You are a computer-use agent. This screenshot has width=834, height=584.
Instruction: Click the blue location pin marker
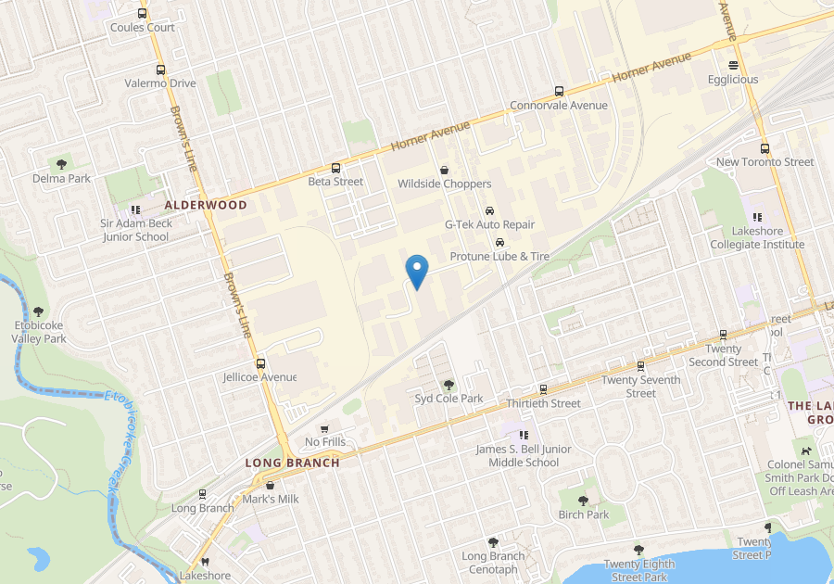click(x=418, y=271)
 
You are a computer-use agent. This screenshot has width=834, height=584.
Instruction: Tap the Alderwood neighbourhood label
click(x=206, y=205)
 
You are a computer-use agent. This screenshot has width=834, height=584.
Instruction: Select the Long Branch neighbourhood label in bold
click(x=292, y=463)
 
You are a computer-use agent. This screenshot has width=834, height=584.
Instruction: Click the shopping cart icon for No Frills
click(x=323, y=428)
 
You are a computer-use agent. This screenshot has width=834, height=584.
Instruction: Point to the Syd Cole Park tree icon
click(x=449, y=384)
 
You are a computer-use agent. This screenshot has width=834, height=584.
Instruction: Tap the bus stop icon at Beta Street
click(x=335, y=168)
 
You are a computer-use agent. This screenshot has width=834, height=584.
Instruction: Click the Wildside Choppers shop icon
click(x=444, y=170)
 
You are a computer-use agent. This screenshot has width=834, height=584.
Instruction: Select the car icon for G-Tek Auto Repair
click(x=489, y=210)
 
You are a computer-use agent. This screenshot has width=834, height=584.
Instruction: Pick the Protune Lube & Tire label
click(x=499, y=256)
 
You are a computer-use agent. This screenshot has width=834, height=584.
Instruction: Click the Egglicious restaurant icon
click(x=733, y=65)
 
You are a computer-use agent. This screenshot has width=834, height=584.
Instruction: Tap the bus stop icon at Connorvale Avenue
click(x=559, y=91)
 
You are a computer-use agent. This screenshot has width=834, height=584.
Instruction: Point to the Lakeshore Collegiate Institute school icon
click(x=757, y=217)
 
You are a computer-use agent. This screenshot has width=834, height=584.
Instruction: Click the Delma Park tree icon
click(x=62, y=164)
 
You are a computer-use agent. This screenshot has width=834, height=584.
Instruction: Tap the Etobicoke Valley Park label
click(x=39, y=332)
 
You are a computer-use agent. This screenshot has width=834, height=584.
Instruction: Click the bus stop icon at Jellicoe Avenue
click(x=260, y=363)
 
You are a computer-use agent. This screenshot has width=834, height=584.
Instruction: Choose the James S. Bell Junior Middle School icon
click(x=524, y=434)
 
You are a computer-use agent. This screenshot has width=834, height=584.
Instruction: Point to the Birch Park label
click(x=584, y=514)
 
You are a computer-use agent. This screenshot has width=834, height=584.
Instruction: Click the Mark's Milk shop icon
click(x=270, y=485)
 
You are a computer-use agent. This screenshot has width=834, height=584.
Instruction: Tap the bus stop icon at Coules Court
click(x=142, y=13)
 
